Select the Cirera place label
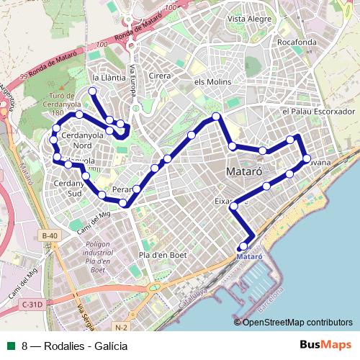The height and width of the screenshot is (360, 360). pyautogui.click(x=158, y=75)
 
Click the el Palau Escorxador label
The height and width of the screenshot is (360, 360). pyautogui.click(x=320, y=112)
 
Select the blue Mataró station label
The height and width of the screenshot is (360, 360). pyautogui.click(x=249, y=256)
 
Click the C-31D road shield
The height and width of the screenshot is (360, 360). pyautogui.click(x=32, y=305)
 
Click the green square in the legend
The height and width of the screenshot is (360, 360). pyautogui.click(x=11, y=346)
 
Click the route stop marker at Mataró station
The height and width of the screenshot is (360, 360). pyautogui.click(x=243, y=247)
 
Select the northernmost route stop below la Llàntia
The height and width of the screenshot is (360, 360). pyautogui.click(x=92, y=91)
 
